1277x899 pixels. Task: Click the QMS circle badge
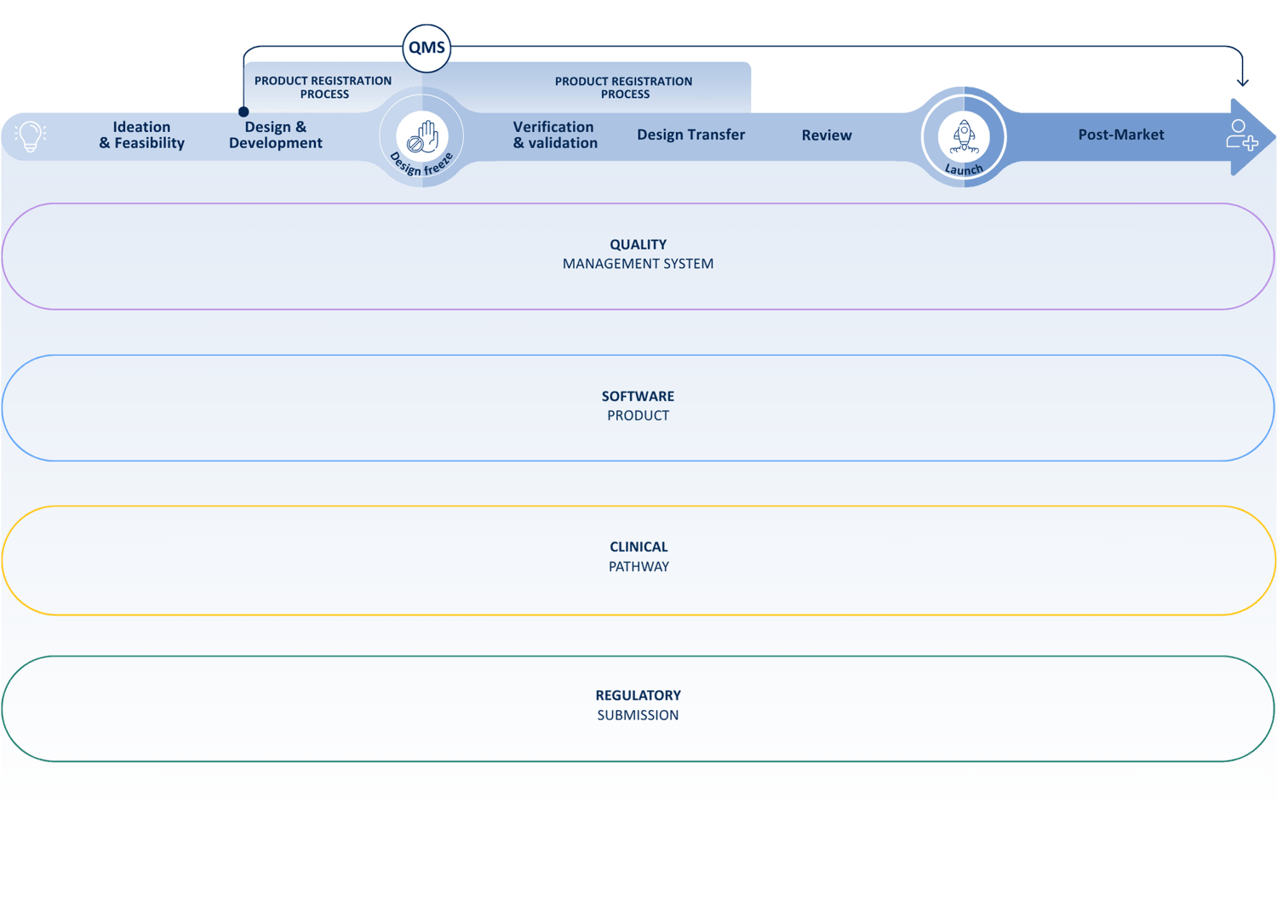pos(427,48)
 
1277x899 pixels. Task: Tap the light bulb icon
pos(31,135)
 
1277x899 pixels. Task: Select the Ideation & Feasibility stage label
pos(141,135)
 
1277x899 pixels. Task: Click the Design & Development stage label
pos(275,135)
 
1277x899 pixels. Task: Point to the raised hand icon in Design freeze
pos(422,135)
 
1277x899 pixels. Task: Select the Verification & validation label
pos(554,135)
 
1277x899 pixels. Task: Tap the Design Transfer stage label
pos(690,135)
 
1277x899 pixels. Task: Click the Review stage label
pos(826,135)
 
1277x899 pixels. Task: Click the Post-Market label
pos(1120,135)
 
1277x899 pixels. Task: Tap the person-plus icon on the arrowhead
pos(1241,135)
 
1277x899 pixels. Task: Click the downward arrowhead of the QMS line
pos(1242,82)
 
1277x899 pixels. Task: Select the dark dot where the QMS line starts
pos(243,112)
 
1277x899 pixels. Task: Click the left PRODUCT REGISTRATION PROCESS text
pos(323,87)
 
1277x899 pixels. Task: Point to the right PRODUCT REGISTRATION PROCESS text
pos(624,88)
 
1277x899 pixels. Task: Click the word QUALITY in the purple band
pos(638,244)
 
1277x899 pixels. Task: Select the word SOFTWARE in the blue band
pos(638,396)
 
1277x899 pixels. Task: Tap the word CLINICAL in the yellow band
pos(638,547)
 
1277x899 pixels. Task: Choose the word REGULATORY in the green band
pos(638,696)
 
